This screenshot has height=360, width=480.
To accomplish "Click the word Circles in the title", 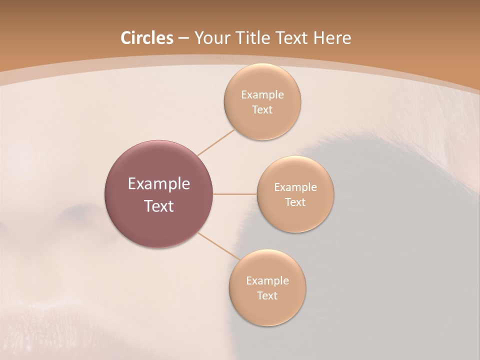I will (146, 38).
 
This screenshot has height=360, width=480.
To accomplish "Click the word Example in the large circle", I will (159, 184).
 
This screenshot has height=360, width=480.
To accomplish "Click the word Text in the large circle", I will (159, 206).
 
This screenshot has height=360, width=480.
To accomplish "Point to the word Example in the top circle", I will (262, 95).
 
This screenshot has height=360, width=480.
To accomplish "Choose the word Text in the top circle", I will (262, 110).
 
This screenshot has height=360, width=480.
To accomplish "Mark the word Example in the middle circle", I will (295, 187).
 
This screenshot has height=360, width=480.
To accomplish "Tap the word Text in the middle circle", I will (295, 202).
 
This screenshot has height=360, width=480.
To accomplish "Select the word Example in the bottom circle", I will (267, 281).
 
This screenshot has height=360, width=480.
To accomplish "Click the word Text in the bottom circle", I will (267, 296).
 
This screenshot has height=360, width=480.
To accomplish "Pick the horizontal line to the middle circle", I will (235, 194).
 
